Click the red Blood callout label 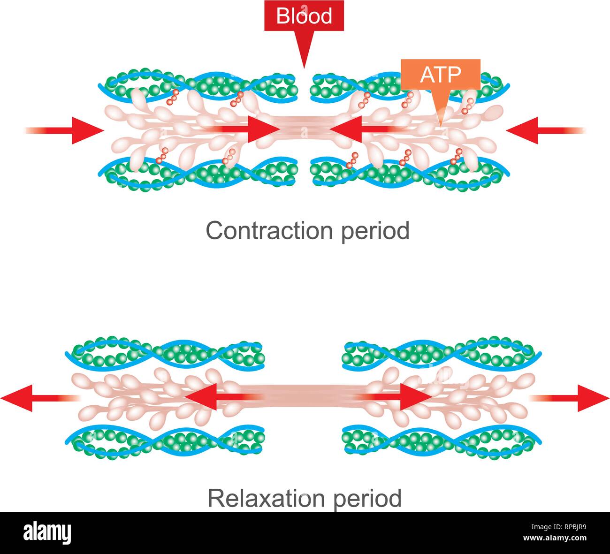(304, 16)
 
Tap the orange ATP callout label (440, 74)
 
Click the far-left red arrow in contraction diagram (66, 130)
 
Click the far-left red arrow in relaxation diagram (38, 398)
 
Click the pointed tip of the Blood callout (304, 66)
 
